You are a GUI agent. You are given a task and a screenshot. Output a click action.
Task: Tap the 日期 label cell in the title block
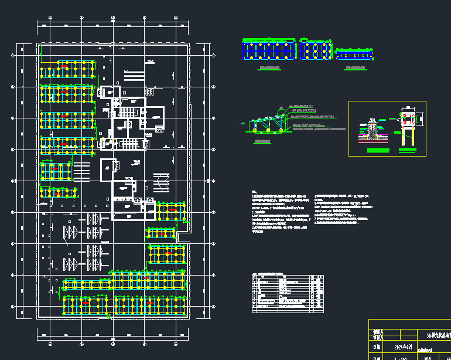[x=378, y=347]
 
